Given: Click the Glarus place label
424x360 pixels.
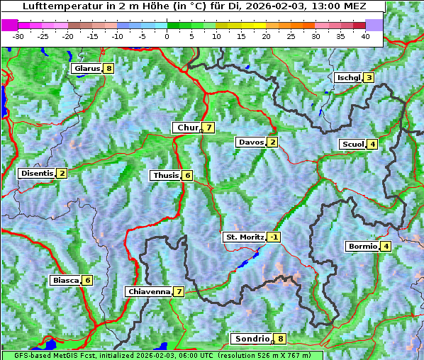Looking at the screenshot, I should coord(86,69).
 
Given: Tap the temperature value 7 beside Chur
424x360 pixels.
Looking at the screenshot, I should coord(209,128).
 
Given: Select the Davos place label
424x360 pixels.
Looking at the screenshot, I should coord(250,142).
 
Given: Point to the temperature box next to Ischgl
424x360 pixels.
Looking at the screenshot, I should coord(369,77).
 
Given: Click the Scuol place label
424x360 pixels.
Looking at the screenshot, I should coord(352,144).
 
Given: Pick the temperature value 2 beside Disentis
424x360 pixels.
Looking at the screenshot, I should coord(62,173).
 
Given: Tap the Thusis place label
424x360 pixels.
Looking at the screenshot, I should coord(165,175).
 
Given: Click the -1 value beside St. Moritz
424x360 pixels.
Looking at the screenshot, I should coord(274,237).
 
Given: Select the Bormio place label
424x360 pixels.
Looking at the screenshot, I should coord(362,247).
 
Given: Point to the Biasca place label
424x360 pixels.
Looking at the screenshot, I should coord(65,280).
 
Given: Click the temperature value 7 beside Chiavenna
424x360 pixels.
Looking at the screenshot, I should coord(179,291).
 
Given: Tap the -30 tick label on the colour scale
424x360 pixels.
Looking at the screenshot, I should coord(18,35).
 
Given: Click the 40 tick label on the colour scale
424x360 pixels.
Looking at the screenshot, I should coord(365,35).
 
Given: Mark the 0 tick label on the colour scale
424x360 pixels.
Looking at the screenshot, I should coord(167,35).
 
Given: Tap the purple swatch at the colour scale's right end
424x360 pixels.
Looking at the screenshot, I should coord(374,25).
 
